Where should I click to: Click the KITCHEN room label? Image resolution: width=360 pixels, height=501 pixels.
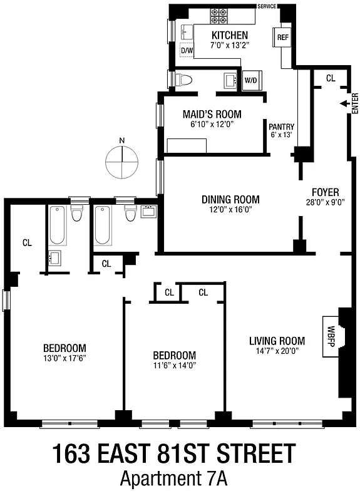pyautogui.click(x=229, y=35)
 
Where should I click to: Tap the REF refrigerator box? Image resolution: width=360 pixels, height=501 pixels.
pyautogui.click(x=282, y=38)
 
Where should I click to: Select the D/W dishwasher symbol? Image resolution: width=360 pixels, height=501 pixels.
pyautogui.click(x=187, y=50)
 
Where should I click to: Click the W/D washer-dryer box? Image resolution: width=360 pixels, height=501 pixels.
pyautogui.click(x=250, y=80)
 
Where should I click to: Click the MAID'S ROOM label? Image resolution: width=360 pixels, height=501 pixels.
pyautogui.click(x=212, y=115)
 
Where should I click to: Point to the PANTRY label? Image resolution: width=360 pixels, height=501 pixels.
pyautogui.click(x=281, y=126)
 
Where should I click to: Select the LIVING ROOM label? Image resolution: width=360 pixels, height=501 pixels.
pyautogui.click(x=277, y=341)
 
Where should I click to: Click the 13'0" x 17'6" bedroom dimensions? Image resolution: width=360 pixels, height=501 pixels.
pyautogui.click(x=64, y=358)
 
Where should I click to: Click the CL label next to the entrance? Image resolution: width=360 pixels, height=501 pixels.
pyautogui.click(x=331, y=78)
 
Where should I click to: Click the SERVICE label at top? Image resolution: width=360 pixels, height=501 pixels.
pyautogui.click(x=266, y=6)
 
